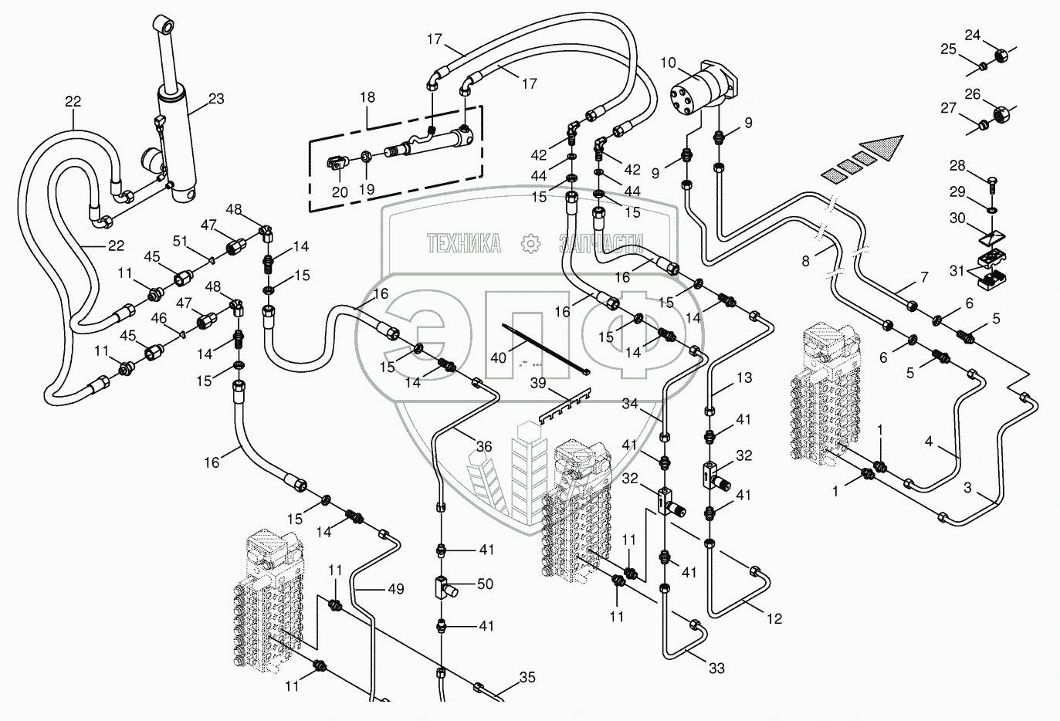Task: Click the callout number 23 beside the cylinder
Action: [x=216, y=98]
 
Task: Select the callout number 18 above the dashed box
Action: [x=367, y=97]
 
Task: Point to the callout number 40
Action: [x=499, y=358]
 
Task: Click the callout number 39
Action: [x=538, y=384]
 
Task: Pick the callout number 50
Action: [x=485, y=584]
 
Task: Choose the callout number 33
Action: [x=716, y=669]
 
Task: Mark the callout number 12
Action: [x=774, y=618]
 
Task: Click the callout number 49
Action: [x=395, y=589]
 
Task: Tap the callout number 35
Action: [x=527, y=678]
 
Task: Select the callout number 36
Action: [x=484, y=446]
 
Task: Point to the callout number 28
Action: [x=957, y=166]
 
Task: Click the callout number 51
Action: [x=179, y=242]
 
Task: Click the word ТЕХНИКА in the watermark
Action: [x=464, y=244]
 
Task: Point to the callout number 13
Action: [x=743, y=378]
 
